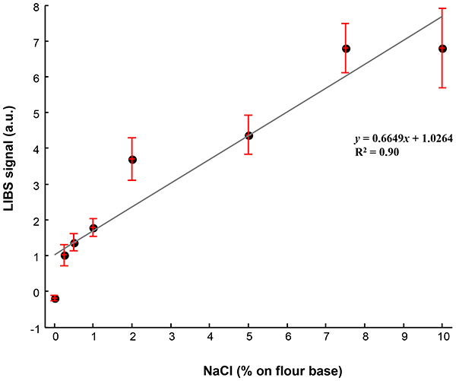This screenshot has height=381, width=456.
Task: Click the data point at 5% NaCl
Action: [x=249, y=135]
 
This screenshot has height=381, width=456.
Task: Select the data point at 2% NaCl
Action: [x=132, y=160]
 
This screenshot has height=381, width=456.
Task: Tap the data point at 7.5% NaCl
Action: [x=346, y=49]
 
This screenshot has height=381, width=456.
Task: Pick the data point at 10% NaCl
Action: [x=442, y=49]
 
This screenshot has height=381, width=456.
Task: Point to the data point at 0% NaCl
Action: [x=55, y=299]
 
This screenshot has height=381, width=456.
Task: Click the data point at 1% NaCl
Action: [x=93, y=228]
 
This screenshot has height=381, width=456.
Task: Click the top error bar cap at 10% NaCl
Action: [x=442, y=8]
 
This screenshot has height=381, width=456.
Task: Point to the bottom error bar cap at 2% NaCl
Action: [x=132, y=180]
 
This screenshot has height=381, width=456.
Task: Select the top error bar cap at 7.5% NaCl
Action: [x=346, y=24]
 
